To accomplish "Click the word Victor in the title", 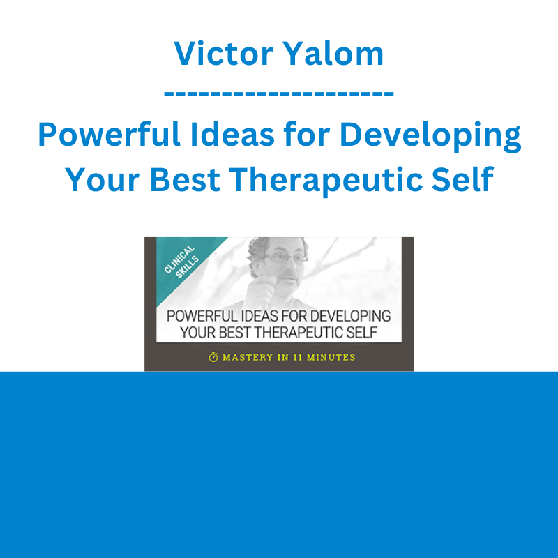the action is (x=223, y=54).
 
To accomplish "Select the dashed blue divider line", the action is (x=278, y=93).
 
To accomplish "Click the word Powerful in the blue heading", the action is (x=110, y=134).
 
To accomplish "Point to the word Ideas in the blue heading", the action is (x=232, y=134).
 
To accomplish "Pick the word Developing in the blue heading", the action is (x=430, y=136).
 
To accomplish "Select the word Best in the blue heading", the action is (x=185, y=179).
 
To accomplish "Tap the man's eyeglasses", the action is (x=286, y=257).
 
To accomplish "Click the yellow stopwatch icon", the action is (x=213, y=356).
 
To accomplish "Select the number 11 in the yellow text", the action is (x=298, y=357).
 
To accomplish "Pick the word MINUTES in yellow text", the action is (x=331, y=357).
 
